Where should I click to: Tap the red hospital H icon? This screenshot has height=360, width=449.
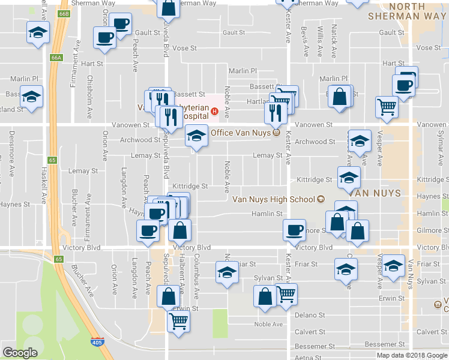click(214, 110)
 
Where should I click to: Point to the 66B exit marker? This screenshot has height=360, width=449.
click(64, 11)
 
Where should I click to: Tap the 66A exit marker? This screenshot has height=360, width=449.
click(56, 58)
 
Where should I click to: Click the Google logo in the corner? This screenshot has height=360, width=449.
click(20, 353)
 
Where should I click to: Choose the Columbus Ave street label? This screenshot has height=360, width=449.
click(196, 276)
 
